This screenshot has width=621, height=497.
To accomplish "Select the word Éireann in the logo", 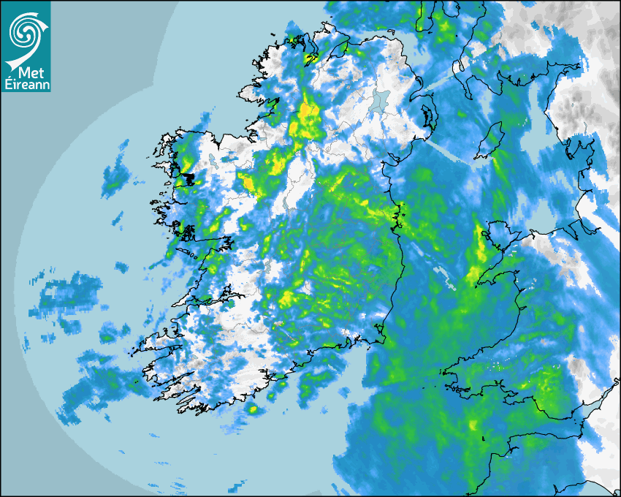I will pos(26,84).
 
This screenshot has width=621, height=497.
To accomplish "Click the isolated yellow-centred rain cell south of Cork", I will pos(253,409).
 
